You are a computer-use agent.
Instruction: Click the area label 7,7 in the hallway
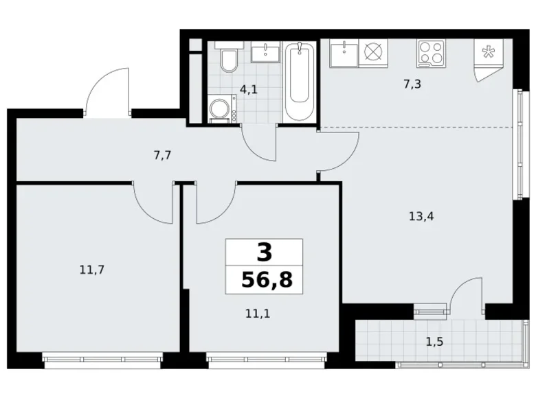162,154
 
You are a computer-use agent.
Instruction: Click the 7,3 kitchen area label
412,85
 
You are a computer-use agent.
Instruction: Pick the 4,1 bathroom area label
248,88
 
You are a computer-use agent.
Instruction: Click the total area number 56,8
265,279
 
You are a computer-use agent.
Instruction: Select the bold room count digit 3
265,253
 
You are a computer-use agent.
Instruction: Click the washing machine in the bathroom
221,108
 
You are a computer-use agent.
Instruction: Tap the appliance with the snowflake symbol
489,54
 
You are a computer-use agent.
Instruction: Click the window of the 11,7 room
102,357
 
